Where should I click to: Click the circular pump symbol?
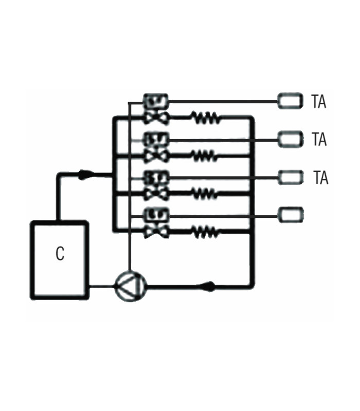(130, 285)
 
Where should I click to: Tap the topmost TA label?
(319, 102)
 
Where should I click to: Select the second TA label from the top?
(319, 139)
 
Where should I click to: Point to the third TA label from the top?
(320, 178)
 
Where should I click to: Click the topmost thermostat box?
(290, 101)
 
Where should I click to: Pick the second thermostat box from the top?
(290, 138)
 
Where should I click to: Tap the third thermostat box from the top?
(290, 177)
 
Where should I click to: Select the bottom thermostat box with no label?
(290, 214)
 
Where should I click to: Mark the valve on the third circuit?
(155, 194)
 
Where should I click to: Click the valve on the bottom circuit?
(155, 233)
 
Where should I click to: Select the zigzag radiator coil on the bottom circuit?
(206, 233)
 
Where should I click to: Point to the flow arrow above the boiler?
(83, 176)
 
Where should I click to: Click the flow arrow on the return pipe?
(209, 286)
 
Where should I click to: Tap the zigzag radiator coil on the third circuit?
(206, 194)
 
